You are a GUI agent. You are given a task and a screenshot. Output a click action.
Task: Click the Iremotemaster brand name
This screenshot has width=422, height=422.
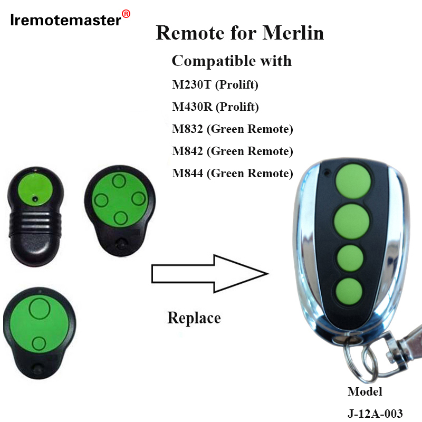[65, 21]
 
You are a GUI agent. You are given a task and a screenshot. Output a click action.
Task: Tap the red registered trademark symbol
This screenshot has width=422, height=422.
[126, 14]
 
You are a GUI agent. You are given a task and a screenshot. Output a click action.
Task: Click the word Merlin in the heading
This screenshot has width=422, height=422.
[293, 33]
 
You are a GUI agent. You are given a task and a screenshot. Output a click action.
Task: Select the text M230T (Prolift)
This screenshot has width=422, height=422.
[215, 84]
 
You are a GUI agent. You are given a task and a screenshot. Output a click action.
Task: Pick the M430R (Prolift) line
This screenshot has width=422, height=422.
[215, 107]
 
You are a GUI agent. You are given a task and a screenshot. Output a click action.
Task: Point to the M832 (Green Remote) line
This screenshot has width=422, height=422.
[232, 129]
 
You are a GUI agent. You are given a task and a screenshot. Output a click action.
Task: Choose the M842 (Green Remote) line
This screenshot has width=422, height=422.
[232, 151]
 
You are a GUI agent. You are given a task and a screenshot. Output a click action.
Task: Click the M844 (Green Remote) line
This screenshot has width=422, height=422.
[232, 173]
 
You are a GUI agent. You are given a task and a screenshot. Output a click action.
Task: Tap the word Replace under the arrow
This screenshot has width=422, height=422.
[194, 318]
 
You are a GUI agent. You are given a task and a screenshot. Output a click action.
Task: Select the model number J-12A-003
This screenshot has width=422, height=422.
[378, 413]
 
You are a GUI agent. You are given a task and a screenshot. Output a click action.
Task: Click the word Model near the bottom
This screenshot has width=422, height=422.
[365, 392]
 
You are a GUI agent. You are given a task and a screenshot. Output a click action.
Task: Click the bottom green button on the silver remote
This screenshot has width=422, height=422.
[349, 290]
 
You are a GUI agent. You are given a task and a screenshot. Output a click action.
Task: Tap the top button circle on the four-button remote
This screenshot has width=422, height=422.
[119, 182]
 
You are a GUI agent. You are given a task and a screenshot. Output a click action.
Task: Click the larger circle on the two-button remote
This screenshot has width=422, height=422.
[39, 309]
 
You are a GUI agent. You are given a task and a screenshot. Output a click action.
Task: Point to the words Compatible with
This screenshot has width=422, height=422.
[231, 61]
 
